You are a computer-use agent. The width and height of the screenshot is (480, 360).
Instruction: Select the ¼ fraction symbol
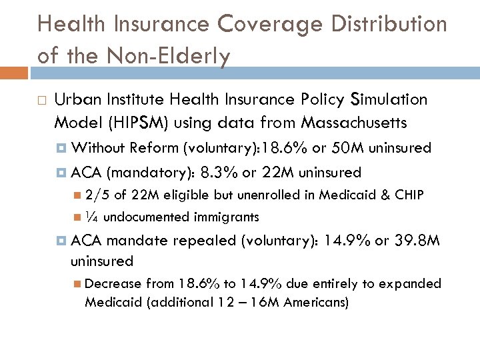(92, 217)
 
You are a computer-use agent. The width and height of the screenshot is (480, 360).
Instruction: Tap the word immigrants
(227, 217)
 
